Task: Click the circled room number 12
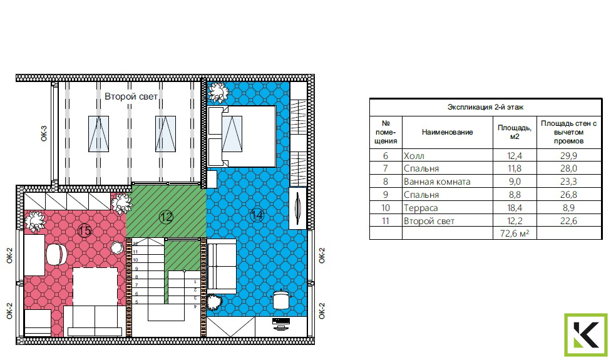click(166, 217)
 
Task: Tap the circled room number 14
click(257, 215)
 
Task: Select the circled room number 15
click(85, 230)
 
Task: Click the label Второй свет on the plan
click(131, 96)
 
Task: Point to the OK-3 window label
click(44, 133)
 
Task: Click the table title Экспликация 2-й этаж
click(485, 107)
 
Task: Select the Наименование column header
click(448, 132)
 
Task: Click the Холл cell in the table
click(414, 156)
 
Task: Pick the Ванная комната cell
click(437, 182)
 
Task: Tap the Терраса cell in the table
click(421, 208)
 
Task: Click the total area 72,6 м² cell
click(515, 234)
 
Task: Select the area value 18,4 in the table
click(515, 208)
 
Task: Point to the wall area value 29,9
click(569, 156)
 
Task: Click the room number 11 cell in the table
click(386, 221)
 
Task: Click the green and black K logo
click(586, 335)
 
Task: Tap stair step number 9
click(136, 269)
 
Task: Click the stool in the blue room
click(281, 299)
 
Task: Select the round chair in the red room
click(57, 255)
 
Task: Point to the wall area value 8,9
click(569, 208)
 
